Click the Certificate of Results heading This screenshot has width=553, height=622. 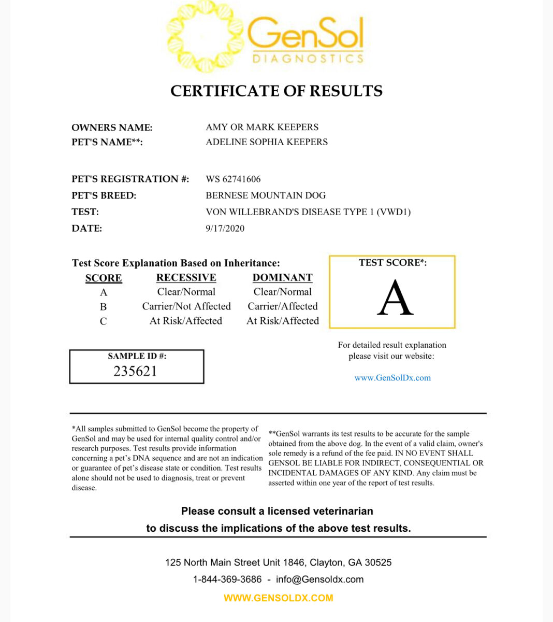[276, 91]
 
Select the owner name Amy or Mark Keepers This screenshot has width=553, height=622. [262, 127]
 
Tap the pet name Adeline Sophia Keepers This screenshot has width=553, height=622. [267, 142]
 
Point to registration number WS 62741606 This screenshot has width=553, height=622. [233, 179]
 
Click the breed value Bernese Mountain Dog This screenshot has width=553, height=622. [266, 195]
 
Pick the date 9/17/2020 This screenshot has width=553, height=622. [225, 229]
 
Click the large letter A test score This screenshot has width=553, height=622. [395, 298]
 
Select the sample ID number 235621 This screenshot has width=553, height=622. [135, 371]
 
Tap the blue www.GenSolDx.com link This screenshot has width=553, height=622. [392, 378]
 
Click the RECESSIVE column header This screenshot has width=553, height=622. [186, 278]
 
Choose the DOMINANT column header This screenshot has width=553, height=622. [282, 278]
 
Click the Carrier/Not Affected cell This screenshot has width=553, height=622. [186, 306]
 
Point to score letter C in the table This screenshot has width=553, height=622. [103, 321]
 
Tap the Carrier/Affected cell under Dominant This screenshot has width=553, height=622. [282, 306]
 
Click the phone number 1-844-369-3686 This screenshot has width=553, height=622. [227, 579]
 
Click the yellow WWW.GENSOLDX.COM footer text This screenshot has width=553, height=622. [278, 598]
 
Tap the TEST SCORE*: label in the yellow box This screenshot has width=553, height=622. [392, 263]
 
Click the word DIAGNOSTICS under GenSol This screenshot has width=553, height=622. [308, 59]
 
